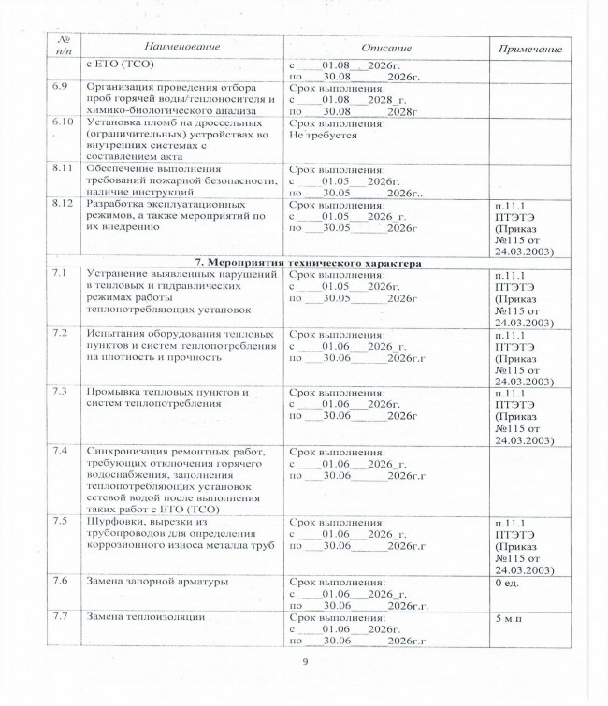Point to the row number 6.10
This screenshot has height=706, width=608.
pyautogui.click(x=61, y=122)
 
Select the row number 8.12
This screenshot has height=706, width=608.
pyautogui.click(x=61, y=202)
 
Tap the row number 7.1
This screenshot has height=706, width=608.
pyautogui.click(x=58, y=274)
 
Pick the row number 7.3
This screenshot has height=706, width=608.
pyautogui.click(x=58, y=391)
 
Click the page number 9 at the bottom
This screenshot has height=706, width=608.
pyautogui.click(x=305, y=663)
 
